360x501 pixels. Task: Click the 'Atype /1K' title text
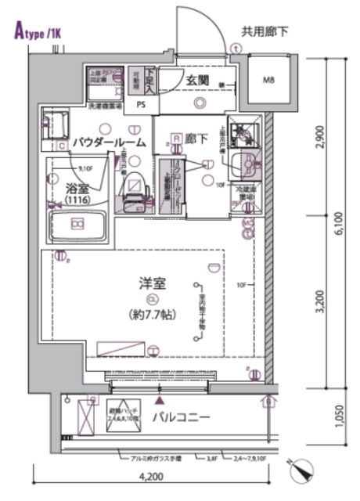coord(38,32)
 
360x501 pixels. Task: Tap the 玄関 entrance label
coord(196,80)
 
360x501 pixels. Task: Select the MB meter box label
coord(268,80)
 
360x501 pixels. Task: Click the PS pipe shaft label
coord(141,103)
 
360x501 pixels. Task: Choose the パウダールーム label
coord(109,142)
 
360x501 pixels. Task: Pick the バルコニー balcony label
coord(181,417)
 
